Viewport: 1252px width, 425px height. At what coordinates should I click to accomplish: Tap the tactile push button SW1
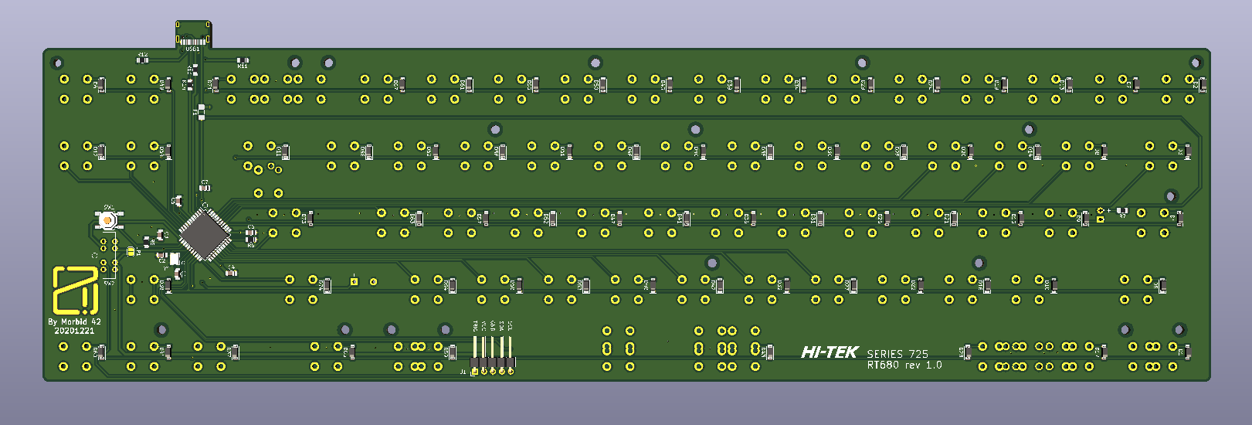[x=109, y=221]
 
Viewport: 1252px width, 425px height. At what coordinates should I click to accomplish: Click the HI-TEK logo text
[x=830, y=352]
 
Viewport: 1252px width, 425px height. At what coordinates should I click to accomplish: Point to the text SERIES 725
[x=897, y=354]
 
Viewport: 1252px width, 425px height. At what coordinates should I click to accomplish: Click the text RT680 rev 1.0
[x=904, y=365]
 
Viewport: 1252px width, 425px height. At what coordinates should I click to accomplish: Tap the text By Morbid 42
[x=74, y=321]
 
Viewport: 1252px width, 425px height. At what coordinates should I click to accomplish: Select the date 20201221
[x=74, y=331]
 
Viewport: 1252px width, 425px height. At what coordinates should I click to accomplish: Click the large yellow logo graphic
[x=75, y=290]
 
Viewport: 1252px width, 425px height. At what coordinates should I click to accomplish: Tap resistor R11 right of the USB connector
[x=243, y=60]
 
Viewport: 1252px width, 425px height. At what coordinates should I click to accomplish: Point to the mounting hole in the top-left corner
[x=56, y=63]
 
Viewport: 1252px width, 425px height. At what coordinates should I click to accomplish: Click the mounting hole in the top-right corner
[x=1195, y=63]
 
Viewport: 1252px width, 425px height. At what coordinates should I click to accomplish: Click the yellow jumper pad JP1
[x=131, y=251]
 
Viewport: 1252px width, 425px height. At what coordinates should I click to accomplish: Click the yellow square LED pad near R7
[x=1100, y=219]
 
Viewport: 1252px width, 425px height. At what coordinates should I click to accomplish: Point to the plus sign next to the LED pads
[x=1109, y=209]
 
